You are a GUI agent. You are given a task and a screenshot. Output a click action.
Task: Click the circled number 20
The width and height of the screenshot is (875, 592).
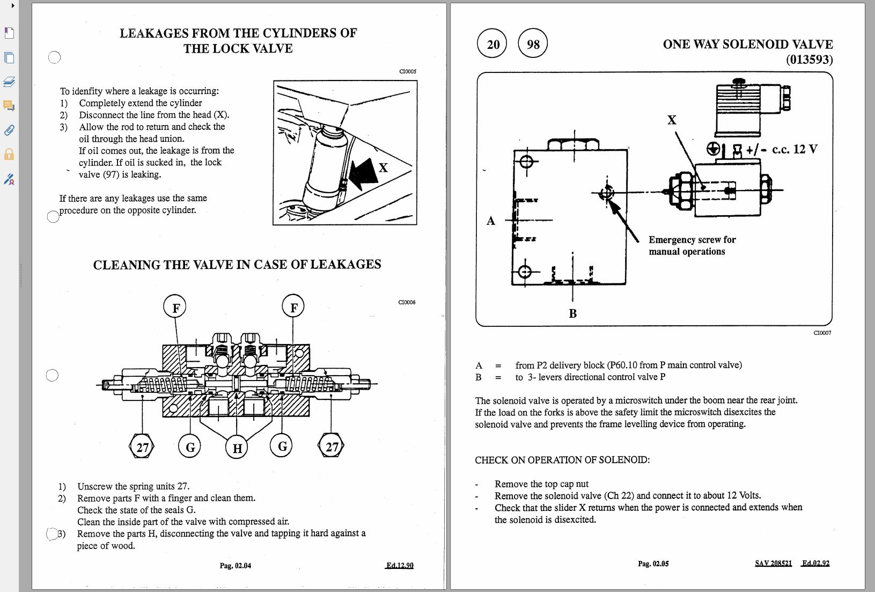[x=493, y=44]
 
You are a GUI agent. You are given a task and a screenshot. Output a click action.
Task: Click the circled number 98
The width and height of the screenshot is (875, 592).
[x=533, y=44]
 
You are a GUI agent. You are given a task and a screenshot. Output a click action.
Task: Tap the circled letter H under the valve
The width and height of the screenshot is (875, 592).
[x=237, y=448]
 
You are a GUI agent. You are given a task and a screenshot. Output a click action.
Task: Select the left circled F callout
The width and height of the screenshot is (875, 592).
[x=175, y=308]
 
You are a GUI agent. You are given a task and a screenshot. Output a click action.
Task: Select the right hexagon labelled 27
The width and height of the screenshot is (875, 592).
[x=332, y=447]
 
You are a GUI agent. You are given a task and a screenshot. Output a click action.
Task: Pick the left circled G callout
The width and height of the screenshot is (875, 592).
[x=190, y=447]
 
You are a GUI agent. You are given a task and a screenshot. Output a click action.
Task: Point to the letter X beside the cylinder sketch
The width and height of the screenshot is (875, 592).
[x=383, y=168]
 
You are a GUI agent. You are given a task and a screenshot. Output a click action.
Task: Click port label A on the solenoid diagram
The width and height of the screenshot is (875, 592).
[x=490, y=221]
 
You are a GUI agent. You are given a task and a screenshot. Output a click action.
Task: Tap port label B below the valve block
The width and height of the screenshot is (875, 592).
[x=572, y=313]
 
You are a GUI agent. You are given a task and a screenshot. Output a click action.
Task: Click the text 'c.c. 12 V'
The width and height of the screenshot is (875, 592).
[x=795, y=149]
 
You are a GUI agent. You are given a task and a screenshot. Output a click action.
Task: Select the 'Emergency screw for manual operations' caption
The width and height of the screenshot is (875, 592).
[x=692, y=245]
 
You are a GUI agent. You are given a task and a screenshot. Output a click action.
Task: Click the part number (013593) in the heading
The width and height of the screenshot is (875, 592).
[x=809, y=60]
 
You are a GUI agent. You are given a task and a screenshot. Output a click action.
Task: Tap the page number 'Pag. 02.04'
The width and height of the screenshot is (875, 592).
[x=236, y=565]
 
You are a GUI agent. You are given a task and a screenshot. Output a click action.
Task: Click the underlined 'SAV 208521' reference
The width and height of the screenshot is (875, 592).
[x=773, y=563]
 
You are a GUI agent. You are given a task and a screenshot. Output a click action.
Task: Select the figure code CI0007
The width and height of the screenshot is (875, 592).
[x=822, y=333]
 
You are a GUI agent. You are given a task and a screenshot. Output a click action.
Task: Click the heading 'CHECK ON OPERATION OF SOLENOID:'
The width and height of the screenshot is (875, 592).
[x=562, y=460]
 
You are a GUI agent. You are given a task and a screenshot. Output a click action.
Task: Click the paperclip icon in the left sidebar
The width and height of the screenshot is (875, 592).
[x=9, y=130]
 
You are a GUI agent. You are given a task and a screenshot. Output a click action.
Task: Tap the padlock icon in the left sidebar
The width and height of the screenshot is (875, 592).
[x=9, y=155]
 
